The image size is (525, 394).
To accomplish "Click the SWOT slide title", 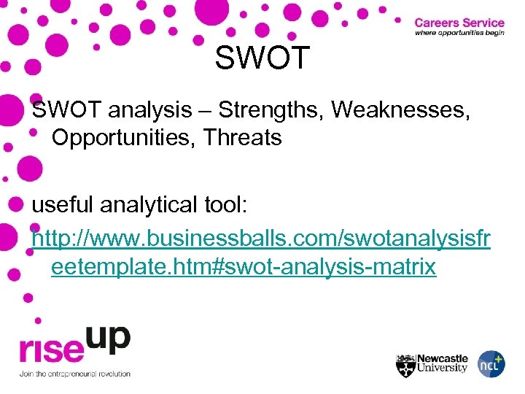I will pyautogui.click(x=262, y=58).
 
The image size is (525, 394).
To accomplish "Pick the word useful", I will pyautogui.click(x=62, y=206).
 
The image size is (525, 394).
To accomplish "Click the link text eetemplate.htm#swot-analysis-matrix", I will pyautogui.click(x=244, y=267).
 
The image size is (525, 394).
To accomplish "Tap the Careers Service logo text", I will pyautogui.click(x=459, y=23).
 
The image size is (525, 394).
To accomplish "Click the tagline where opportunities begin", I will pyautogui.click(x=459, y=34).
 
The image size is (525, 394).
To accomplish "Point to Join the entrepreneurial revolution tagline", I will pyautogui.click(x=74, y=374).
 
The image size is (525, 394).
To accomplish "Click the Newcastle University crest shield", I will pyautogui.click(x=405, y=365).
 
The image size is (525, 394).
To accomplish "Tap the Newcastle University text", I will pyautogui.click(x=442, y=363).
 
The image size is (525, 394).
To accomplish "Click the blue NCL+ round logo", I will pyautogui.click(x=491, y=364).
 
